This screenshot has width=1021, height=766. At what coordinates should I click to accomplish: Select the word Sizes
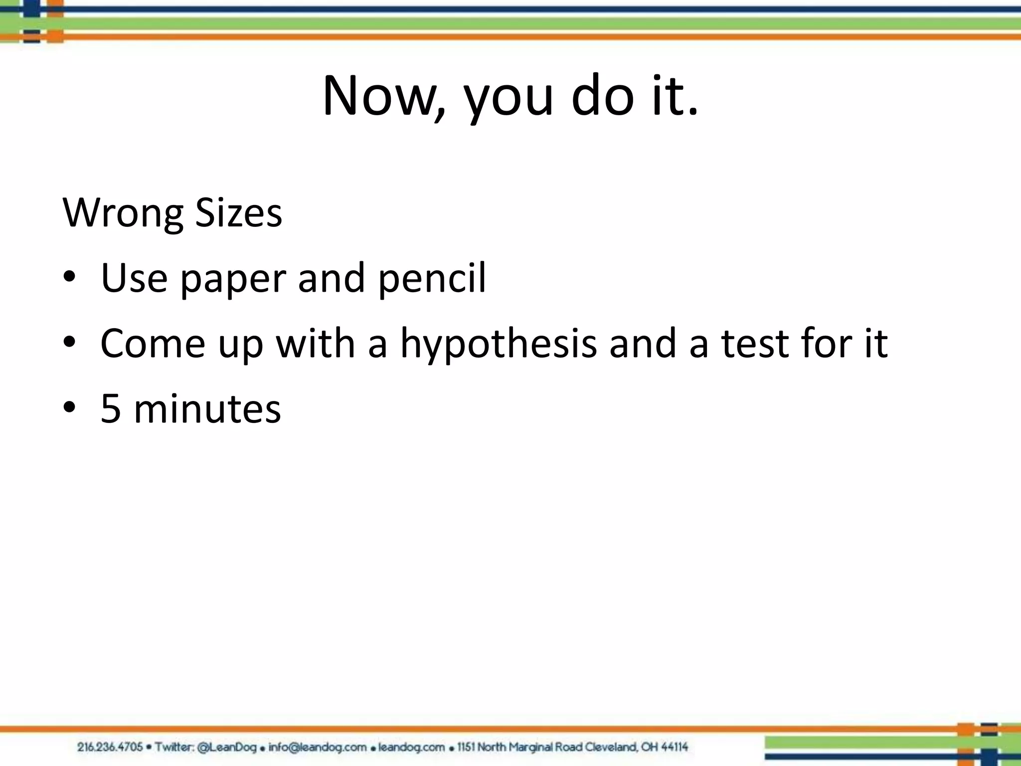tap(238, 213)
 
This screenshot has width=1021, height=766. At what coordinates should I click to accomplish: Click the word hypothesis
tap(499, 344)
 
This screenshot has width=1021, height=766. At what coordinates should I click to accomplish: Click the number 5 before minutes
tap(111, 409)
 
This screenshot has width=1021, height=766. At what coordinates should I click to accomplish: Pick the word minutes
tap(207, 409)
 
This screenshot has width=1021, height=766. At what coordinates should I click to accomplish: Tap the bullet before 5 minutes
tap(69, 407)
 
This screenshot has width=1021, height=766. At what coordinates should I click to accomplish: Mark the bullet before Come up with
tap(69, 342)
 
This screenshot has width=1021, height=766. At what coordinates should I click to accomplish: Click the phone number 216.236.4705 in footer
tap(110, 747)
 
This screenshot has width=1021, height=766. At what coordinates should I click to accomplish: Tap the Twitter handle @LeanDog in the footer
tap(227, 747)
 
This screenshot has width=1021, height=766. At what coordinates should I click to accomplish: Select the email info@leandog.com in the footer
tap(317, 747)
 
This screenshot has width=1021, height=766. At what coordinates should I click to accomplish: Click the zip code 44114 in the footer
tap(672, 747)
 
